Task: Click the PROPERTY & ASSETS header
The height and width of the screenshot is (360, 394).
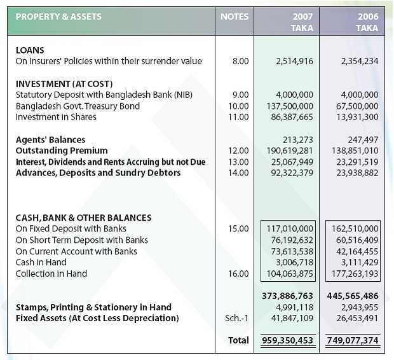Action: [58, 17]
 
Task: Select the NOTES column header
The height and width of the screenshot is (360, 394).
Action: [234, 17]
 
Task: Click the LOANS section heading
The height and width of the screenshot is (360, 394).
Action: [30, 50]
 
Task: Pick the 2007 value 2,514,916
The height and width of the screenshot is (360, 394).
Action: [295, 62]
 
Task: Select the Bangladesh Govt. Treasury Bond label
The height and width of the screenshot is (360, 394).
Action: [78, 106]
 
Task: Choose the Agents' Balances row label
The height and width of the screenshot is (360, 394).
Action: [50, 139]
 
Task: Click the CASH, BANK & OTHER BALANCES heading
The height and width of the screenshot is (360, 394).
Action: [83, 218]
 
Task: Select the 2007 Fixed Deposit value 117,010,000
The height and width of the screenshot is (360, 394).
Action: [290, 229]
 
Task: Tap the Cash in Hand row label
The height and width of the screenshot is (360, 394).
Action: [41, 263]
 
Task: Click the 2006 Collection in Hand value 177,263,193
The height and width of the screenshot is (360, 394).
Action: [355, 273]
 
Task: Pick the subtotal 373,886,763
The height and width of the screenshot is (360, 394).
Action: [288, 296]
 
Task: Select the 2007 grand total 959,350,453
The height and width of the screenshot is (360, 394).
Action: [288, 341]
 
